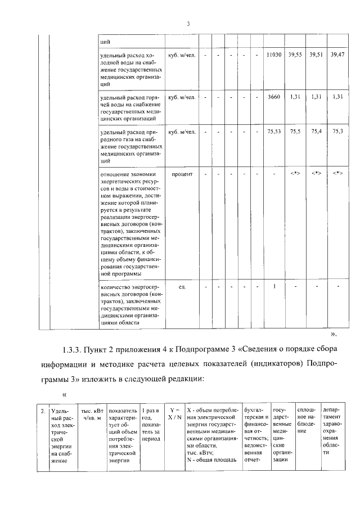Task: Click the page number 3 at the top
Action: [188, 24]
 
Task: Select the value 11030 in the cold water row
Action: [273, 55]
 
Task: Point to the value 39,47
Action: [337, 55]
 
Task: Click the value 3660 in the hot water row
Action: [273, 97]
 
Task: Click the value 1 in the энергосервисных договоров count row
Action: [273, 287]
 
